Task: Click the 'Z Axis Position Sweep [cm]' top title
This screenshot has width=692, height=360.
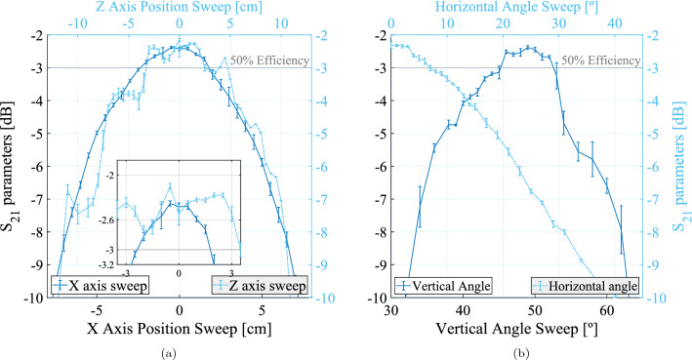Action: (178, 8)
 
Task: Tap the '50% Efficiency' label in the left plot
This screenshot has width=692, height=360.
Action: (274, 60)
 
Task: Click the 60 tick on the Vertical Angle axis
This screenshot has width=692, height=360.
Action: (604, 310)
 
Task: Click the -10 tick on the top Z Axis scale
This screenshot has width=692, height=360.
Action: (76, 23)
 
